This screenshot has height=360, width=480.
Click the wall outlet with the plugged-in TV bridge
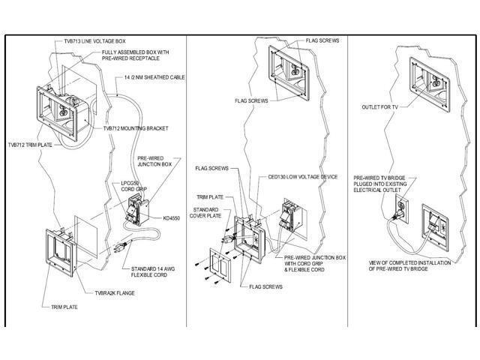point(403,208)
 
